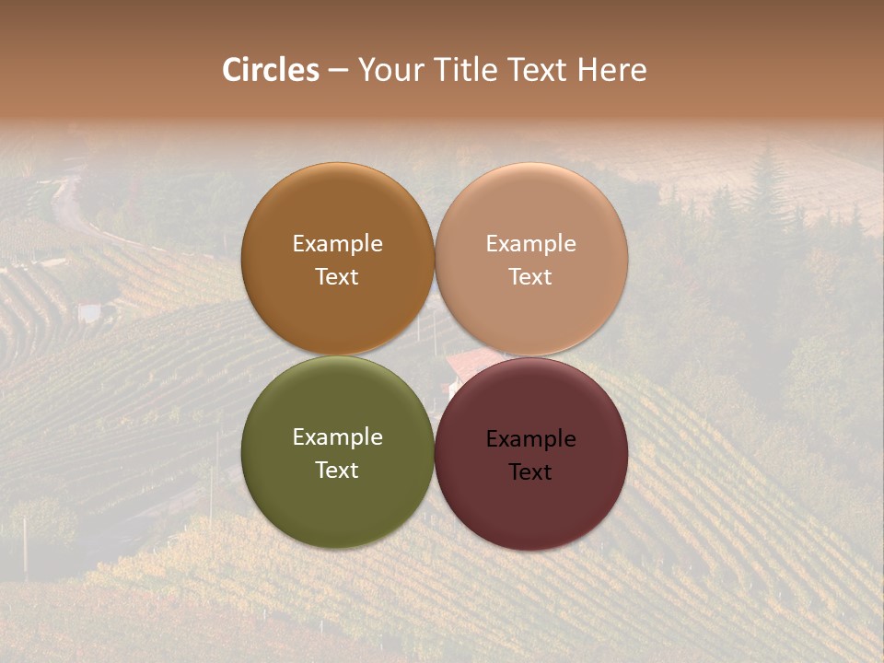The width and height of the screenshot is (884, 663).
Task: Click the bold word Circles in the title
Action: [271, 70]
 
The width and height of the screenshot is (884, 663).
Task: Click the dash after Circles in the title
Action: [338, 71]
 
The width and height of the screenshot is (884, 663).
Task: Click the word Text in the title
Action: [539, 70]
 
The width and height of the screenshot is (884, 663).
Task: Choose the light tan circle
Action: [531, 313]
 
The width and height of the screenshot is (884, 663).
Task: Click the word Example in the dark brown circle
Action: [337, 244]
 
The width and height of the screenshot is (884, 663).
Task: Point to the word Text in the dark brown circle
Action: [337, 277]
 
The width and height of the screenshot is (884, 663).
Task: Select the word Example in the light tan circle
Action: [531, 244]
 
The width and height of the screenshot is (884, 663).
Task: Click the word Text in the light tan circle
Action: [531, 277]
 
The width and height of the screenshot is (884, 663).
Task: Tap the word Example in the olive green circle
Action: [337, 437]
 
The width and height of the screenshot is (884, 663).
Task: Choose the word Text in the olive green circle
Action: [337, 471]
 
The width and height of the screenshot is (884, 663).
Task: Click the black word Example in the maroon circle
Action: [531, 439]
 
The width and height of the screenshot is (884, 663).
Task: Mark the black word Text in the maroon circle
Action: [531, 472]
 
